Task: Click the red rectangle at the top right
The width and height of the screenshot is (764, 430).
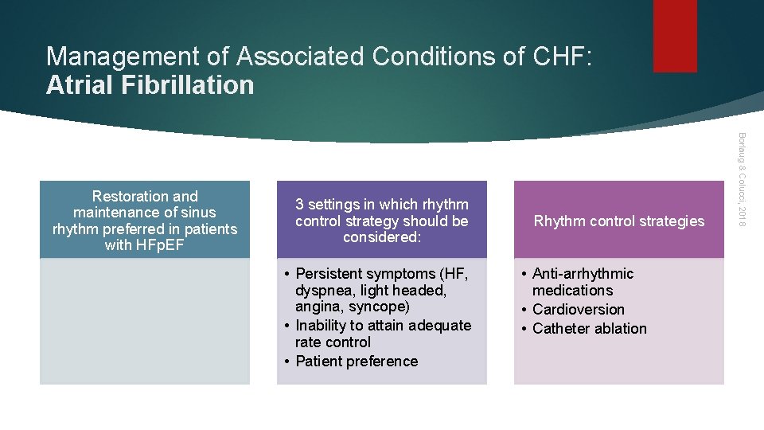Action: pos(674,36)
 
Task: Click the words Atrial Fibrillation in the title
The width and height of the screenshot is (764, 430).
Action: pos(150,85)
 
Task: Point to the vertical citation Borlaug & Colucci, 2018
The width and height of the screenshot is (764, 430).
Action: pos(740,178)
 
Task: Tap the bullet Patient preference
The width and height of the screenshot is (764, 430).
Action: pos(356,362)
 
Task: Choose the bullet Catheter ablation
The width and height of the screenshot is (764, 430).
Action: pos(589,329)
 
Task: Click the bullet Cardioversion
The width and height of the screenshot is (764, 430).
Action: pos(578,310)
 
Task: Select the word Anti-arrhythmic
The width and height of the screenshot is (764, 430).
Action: pos(583,274)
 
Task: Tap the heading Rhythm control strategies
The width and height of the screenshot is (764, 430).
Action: pos(618,221)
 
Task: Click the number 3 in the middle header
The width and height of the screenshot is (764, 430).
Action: pos(299,205)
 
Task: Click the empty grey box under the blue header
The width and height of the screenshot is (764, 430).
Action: pos(145,321)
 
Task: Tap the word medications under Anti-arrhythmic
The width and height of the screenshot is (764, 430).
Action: pos(572,291)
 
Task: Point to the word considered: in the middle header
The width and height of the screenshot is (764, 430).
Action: pos(381,237)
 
